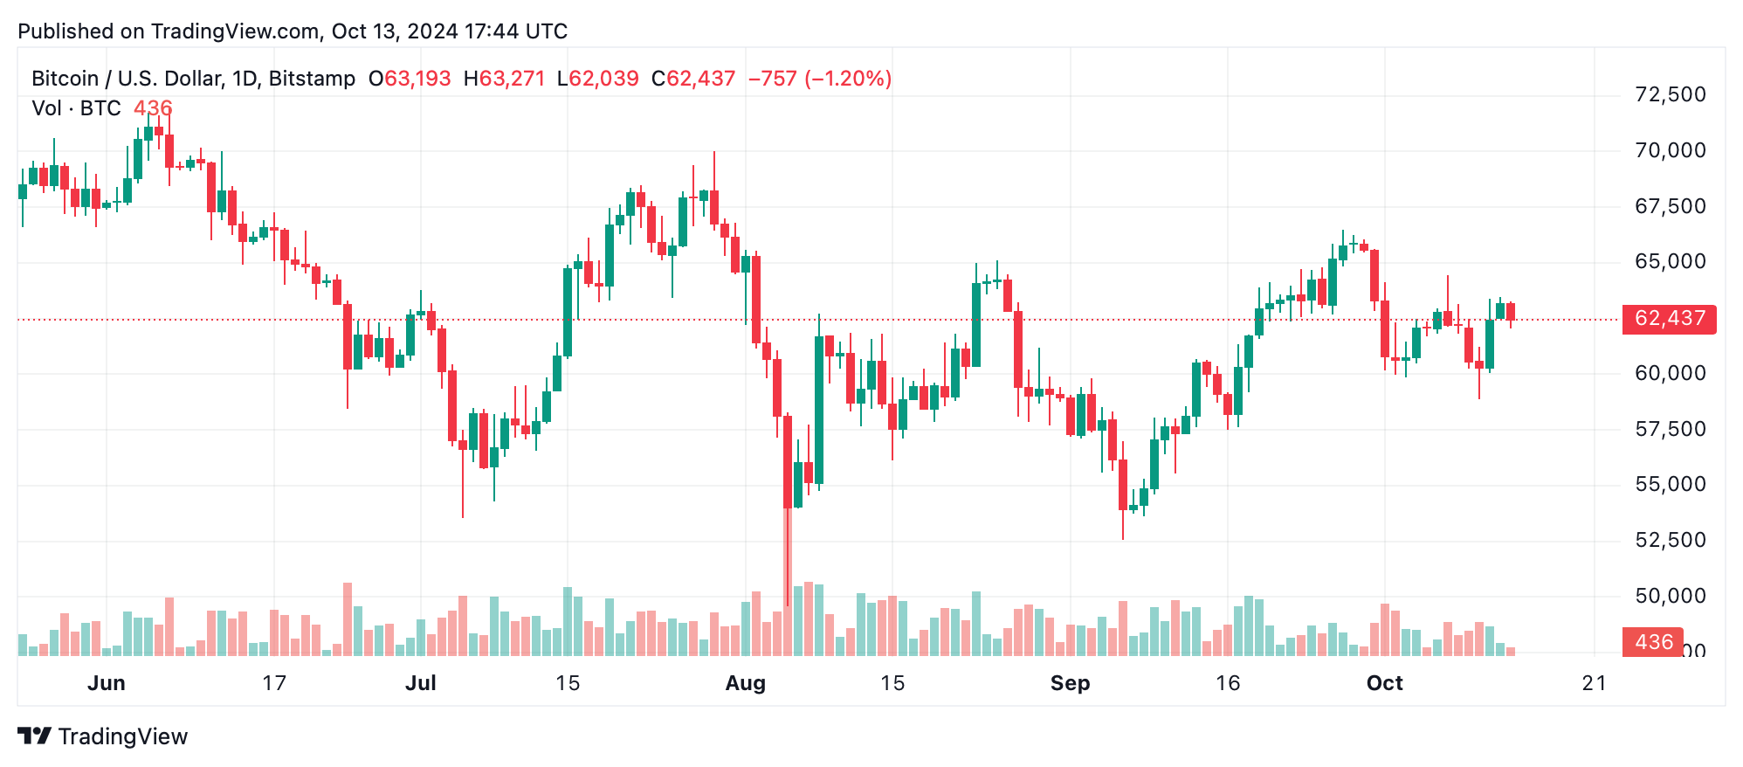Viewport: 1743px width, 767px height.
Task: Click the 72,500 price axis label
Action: (x=1670, y=94)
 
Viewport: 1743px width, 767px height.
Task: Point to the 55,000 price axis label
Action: (x=1670, y=485)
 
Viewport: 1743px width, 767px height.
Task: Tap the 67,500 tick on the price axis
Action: (x=1670, y=206)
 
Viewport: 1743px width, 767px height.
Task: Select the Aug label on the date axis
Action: (x=745, y=683)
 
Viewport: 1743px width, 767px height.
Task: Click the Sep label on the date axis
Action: (x=1070, y=683)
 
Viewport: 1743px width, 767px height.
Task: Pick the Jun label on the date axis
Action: (x=106, y=683)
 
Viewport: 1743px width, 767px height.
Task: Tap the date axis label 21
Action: (x=1594, y=683)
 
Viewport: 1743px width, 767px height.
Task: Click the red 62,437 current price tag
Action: (x=1669, y=319)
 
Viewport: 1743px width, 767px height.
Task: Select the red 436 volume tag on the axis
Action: (x=1652, y=642)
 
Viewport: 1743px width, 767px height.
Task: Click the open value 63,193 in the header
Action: (x=417, y=79)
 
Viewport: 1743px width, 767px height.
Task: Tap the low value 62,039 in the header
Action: (x=604, y=79)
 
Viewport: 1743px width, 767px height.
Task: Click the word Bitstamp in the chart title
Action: (x=312, y=79)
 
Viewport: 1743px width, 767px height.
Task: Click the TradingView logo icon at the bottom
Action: (x=35, y=736)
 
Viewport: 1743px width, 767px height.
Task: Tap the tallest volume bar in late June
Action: (x=348, y=618)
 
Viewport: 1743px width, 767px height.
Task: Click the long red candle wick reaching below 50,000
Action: (x=788, y=559)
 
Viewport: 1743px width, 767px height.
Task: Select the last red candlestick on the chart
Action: (x=1511, y=312)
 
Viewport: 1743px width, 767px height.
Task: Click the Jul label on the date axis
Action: (x=420, y=683)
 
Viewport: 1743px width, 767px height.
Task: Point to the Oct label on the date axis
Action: (x=1384, y=683)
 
